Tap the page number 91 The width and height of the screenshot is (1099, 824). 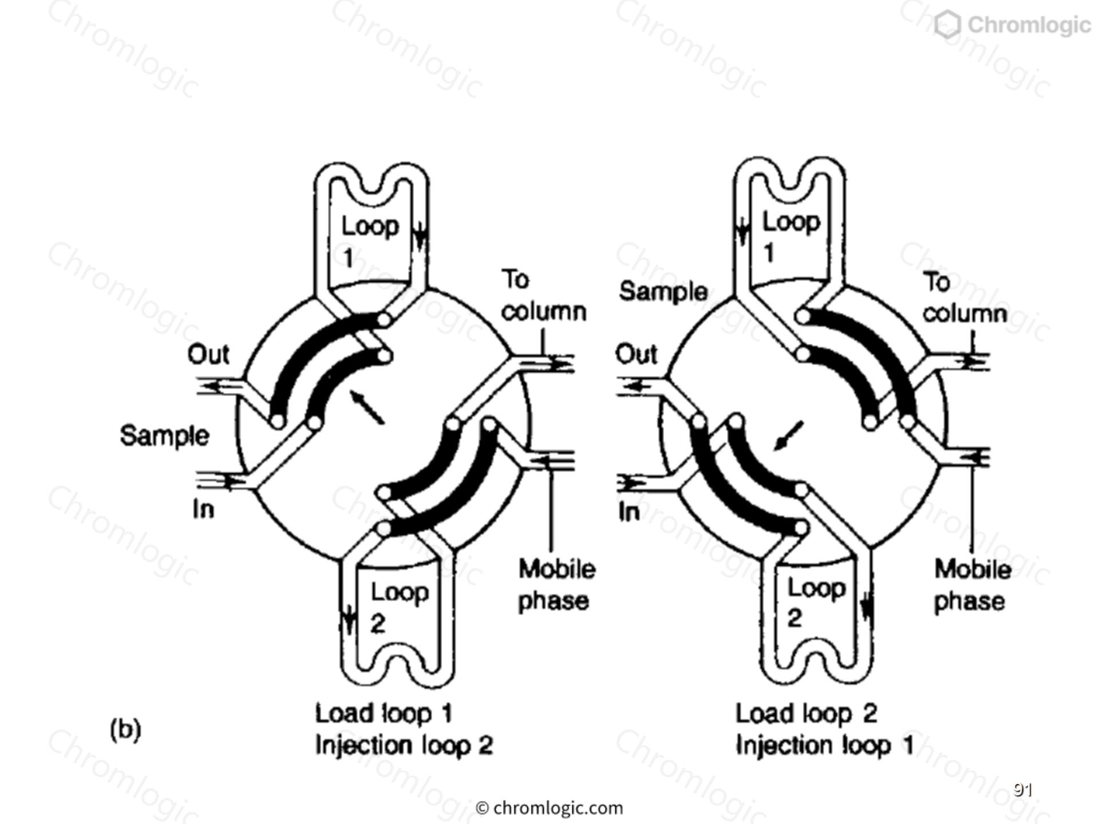[1022, 790]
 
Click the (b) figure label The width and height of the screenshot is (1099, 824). [125, 730]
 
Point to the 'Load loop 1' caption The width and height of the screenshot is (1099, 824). [384, 714]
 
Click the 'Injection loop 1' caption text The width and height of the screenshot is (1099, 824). [824, 745]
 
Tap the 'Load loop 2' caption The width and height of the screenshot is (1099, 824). [806, 714]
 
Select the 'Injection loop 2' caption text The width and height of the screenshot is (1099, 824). [404, 745]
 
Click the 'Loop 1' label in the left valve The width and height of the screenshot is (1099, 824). [369, 241]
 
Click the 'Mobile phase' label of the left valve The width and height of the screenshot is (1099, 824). [555, 585]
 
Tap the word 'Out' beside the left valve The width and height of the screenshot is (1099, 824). [208, 355]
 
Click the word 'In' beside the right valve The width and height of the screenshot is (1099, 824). [629, 512]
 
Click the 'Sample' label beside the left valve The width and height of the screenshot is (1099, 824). [164, 436]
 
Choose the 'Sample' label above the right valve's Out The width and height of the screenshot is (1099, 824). [663, 292]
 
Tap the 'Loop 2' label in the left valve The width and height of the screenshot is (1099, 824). [398, 607]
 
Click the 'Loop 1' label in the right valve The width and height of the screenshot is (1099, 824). [790, 236]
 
